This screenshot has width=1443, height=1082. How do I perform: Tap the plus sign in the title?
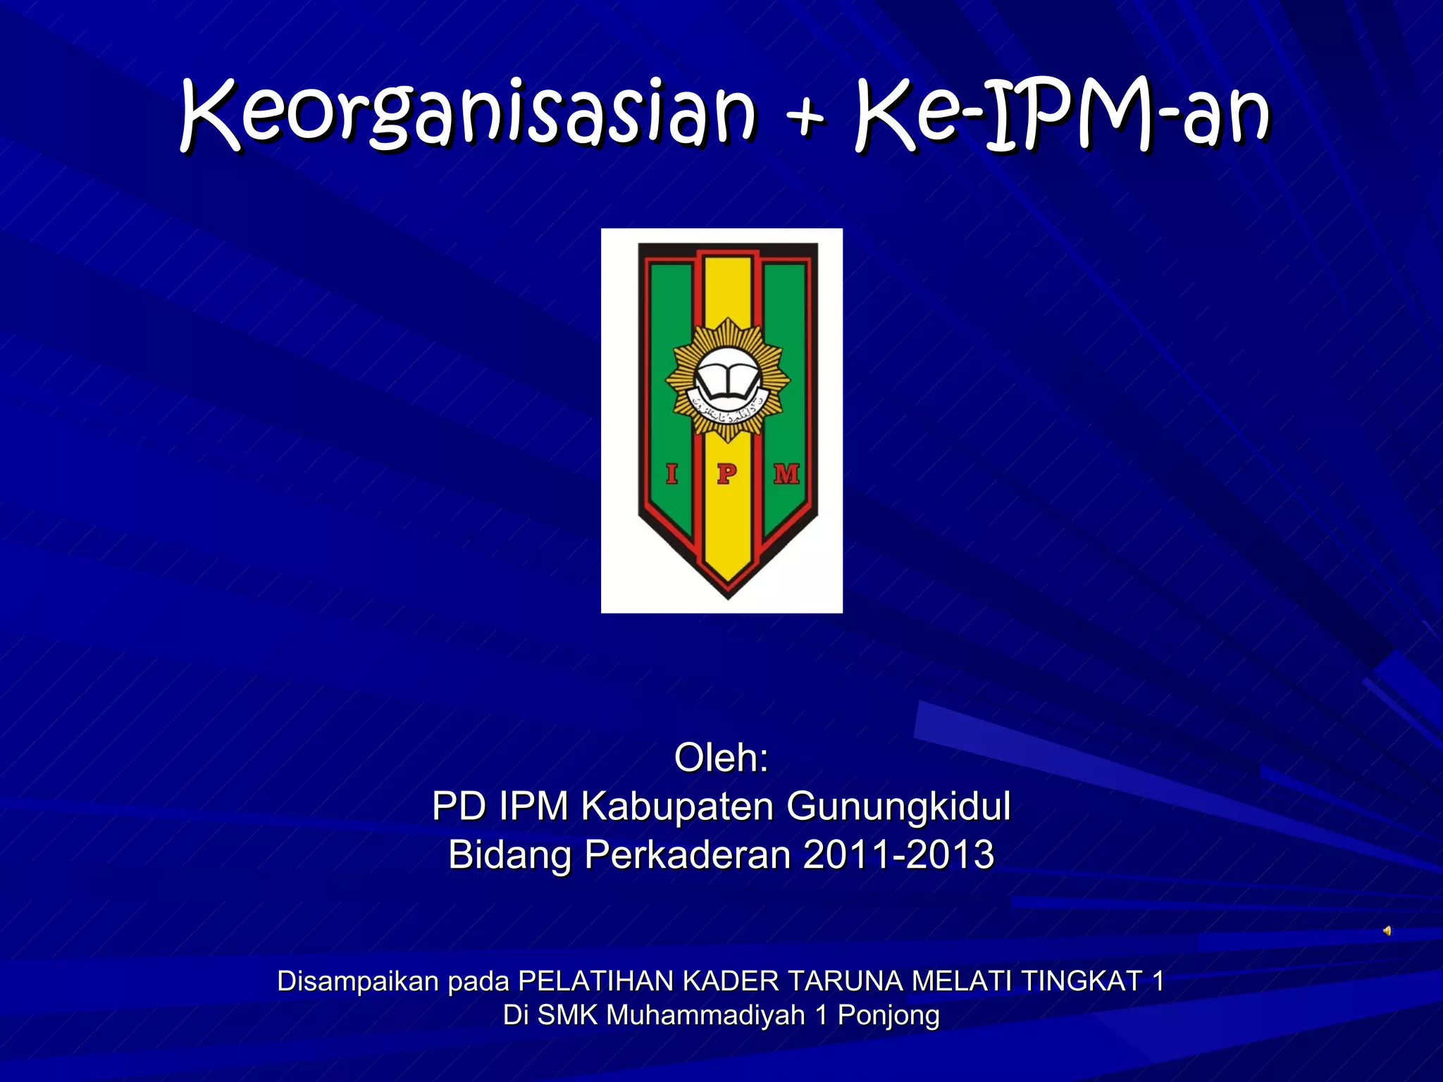pyautogui.click(x=805, y=116)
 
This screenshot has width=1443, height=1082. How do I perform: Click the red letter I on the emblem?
pyautogui.click(x=671, y=473)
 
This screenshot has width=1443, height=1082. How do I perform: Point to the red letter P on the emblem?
pyautogui.click(x=726, y=473)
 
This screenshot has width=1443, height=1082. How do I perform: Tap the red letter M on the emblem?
pyautogui.click(x=786, y=473)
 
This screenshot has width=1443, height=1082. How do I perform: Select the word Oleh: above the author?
pyautogui.click(x=721, y=758)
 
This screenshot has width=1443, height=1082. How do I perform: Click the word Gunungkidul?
pyautogui.click(x=898, y=806)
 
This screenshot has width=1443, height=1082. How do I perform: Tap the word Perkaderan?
pyautogui.click(x=688, y=854)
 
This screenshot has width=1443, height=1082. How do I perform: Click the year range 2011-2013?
pyautogui.click(x=898, y=854)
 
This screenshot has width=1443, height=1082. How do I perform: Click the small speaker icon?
pyautogui.click(x=1387, y=931)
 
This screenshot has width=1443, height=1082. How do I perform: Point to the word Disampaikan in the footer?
pyautogui.click(x=357, y=981)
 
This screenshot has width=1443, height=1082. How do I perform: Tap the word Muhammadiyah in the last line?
pyautogui.click(x=705, y=1015)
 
